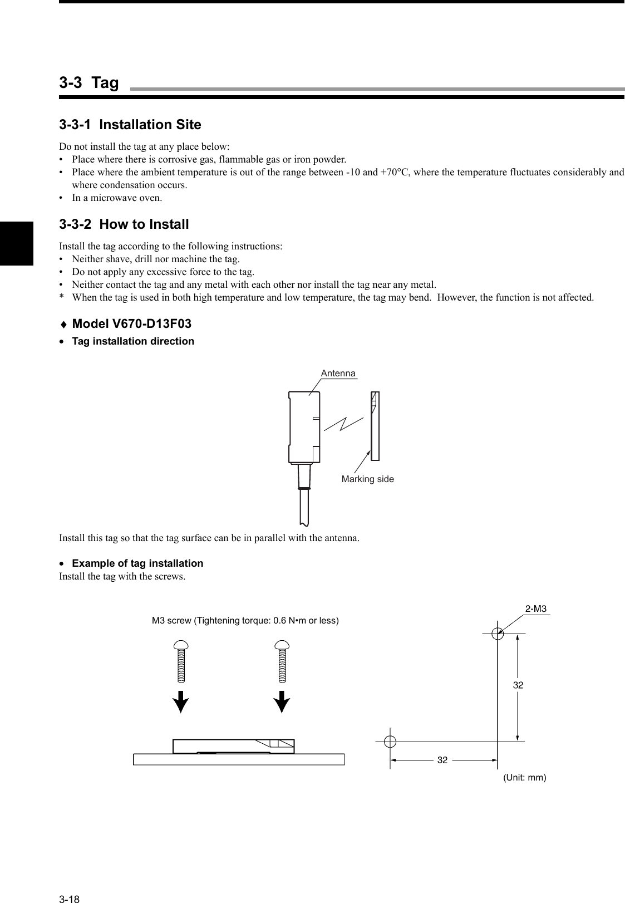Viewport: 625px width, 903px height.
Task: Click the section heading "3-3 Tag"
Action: pos(89,83)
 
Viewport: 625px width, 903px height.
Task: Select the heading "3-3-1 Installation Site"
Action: pos(130,125)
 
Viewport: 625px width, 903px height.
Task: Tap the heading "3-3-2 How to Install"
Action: pos(124,225)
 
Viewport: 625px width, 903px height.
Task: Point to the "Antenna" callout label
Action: pos(338,374)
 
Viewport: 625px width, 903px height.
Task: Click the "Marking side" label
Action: pos(367,479)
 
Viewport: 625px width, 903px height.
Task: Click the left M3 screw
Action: pos(181,662)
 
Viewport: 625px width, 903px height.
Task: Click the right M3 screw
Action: pos(283,662)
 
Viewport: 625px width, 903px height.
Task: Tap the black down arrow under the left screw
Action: pos(180,701)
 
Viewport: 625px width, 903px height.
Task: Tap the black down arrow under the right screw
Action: pos(283,701)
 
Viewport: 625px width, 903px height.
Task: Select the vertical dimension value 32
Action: pos(518,685)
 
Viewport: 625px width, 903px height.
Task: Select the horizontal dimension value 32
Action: pos(442,759)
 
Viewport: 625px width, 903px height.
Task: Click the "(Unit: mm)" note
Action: pos(524,777)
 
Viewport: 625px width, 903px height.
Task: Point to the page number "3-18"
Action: pos(70,884)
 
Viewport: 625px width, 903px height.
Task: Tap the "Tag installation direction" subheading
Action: pos(133,341)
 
